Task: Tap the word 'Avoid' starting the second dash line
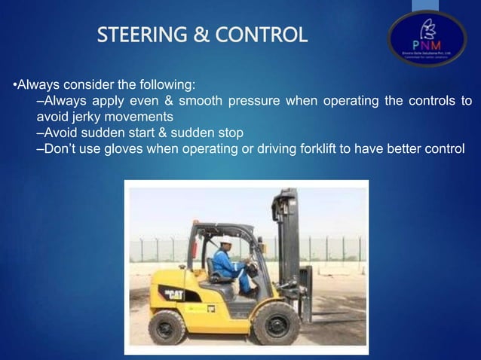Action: (60, 133)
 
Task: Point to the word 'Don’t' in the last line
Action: (60, 148)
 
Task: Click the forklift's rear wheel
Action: (167, 325)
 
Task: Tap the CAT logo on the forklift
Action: (174, 291)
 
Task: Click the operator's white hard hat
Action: (225, 239)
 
